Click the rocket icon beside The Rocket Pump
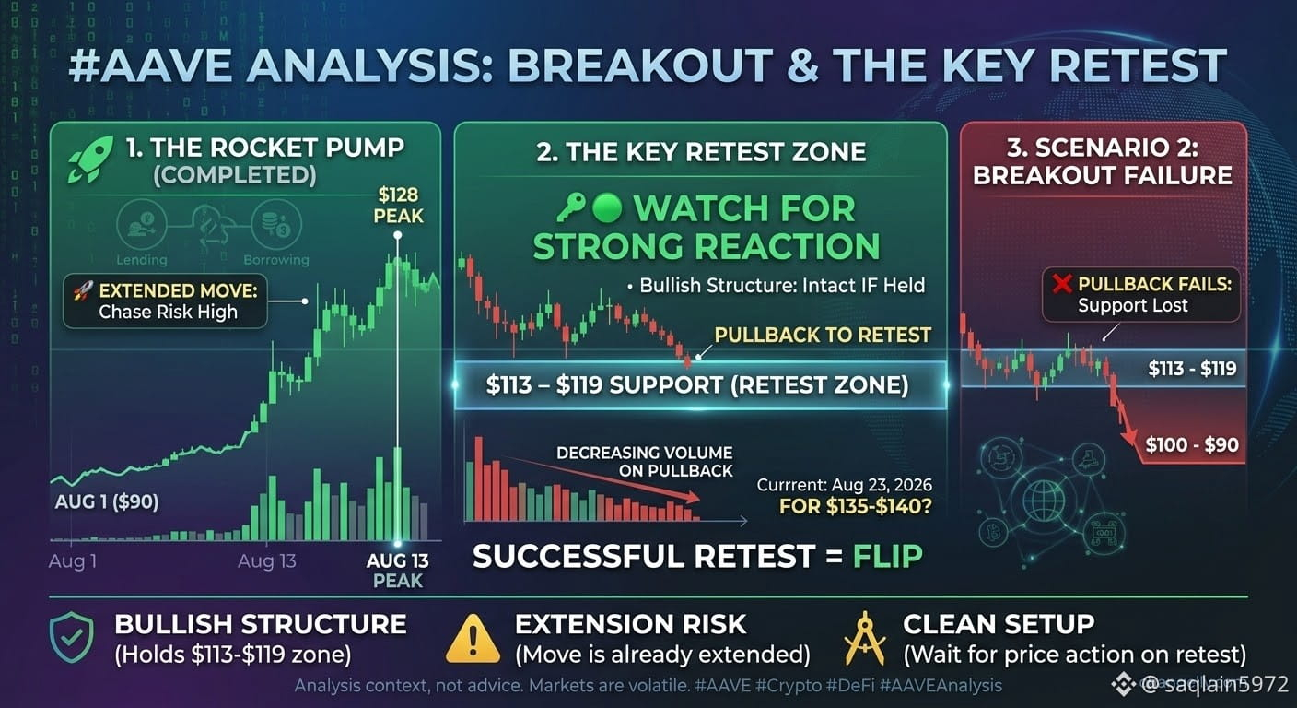point(90,159)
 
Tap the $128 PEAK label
point(398,205)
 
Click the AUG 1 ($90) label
point(107,501)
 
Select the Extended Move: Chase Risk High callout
point(166,301)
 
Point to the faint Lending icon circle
point(141,224)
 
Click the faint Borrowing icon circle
point(276,224)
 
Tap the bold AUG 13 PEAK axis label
point(398,571)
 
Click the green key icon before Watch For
point(571,208)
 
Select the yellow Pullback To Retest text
point(823,335)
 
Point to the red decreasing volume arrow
point(602,478)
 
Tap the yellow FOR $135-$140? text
point(856,506)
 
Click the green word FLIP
point(888,556)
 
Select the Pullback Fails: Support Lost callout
point(1141,294)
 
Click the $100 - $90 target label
point(1192,445)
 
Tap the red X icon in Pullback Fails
point(1062,284)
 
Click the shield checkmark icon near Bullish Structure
point(72,637)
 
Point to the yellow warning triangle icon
point(473,639)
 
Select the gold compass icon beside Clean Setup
point(864,638)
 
